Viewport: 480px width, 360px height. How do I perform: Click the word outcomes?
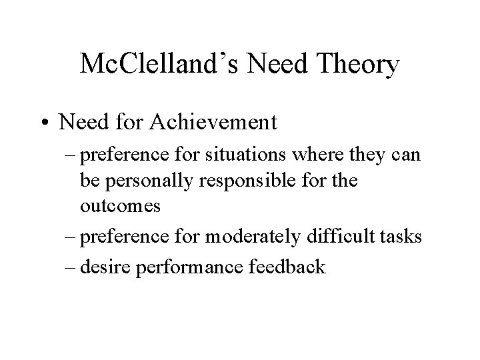coord(120,205)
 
